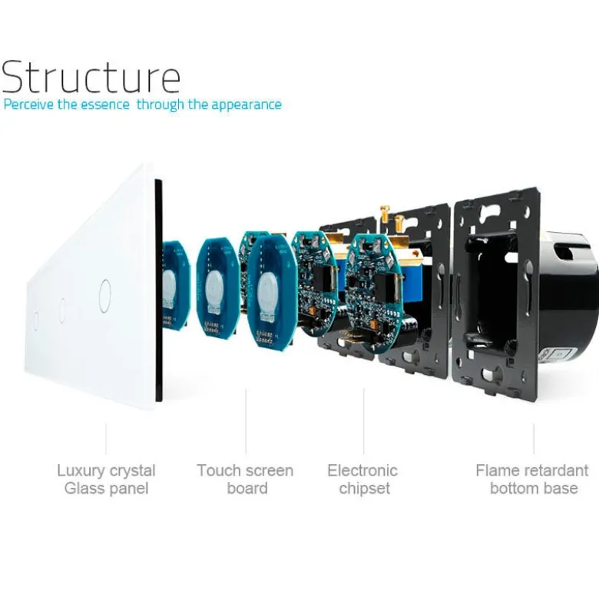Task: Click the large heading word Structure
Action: [x=91, y=77]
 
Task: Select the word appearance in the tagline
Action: [x=247, y=105]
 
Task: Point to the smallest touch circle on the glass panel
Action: [x=35, y=320]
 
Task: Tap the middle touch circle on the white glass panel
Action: [x=62, y=310]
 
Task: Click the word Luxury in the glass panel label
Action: [x=79, y=471]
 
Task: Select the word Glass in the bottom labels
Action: [x=81, y=489]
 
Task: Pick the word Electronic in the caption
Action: [x=362, y=470]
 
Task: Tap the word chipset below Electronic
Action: [x=365, y=489]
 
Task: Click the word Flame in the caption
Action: [x=495, y=470]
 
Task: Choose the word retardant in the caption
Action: [x=553, y=470]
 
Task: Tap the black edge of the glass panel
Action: [x=158, y=290]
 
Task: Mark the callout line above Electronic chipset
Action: [x=363, y=421]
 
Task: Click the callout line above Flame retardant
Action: [x=534, y=439]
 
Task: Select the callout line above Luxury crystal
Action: [x=106, y=439]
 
